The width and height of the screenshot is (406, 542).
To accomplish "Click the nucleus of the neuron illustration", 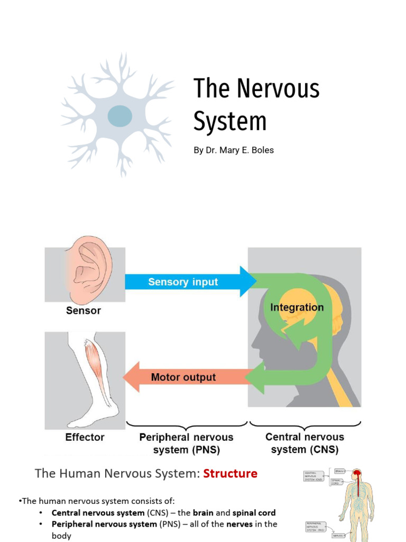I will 120,116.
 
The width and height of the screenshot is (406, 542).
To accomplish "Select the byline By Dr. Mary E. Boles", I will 233,150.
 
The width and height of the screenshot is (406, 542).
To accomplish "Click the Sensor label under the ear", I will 84,311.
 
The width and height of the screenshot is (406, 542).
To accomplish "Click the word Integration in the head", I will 297,308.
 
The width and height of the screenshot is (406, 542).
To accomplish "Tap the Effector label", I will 85,437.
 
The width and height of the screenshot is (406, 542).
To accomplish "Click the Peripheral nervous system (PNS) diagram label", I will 186,444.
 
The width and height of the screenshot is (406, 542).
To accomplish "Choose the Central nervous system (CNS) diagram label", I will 304,443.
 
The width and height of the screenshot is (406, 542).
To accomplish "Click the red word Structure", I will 231,473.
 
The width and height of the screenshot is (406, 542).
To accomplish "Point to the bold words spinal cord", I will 254,513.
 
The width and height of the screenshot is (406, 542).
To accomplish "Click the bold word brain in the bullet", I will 202,513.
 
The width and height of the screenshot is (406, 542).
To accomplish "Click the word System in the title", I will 229,121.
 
